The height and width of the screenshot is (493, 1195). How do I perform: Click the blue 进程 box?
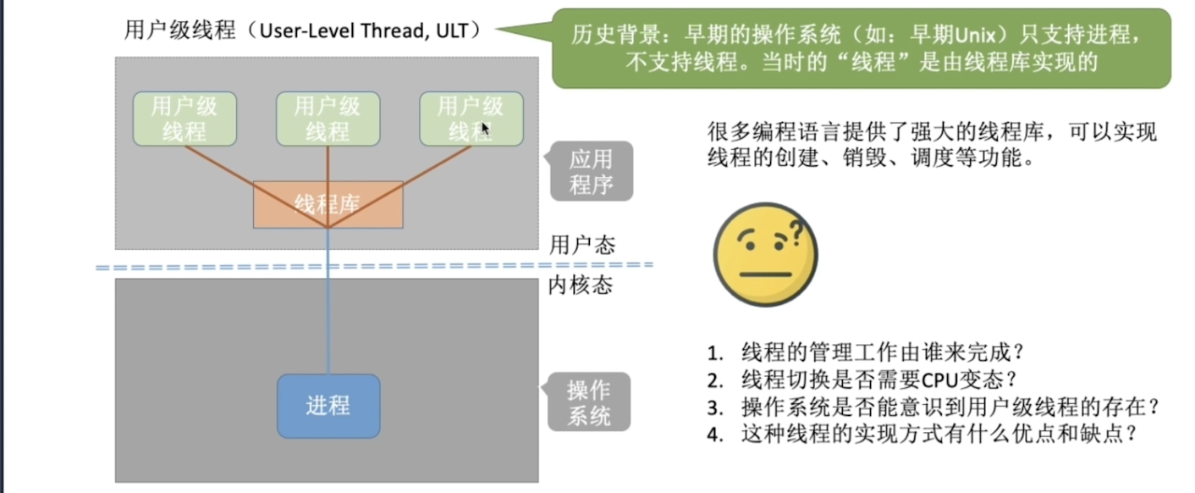click(328, 406)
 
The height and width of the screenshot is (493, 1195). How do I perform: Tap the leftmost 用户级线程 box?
click(184, 119)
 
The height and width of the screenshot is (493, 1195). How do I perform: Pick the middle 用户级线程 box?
click(328, 119)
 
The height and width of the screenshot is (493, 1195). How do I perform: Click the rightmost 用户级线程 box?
click(471, 119)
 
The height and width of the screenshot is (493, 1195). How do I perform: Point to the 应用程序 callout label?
click(591, 171)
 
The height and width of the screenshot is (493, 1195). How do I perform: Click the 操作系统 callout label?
click(588, 402)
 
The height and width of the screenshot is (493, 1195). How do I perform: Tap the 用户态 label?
click(582, 245)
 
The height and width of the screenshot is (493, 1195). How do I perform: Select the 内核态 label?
click(581, 285)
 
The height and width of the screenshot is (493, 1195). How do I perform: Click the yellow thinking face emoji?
click(766, 254)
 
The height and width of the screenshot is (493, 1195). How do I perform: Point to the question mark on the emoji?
click(796, 234)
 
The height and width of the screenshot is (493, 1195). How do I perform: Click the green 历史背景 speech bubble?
click(862, 48)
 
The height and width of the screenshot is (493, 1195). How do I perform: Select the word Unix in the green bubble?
click(975, 36)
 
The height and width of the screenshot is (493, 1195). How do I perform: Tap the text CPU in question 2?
click(939, 380)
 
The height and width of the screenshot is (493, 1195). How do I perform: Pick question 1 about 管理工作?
click(865, 352)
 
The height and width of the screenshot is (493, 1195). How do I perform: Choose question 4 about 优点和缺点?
click(922, 434)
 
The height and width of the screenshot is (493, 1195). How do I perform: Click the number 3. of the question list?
click(715, 408)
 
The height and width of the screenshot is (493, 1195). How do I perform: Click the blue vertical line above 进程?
click(328, 302)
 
